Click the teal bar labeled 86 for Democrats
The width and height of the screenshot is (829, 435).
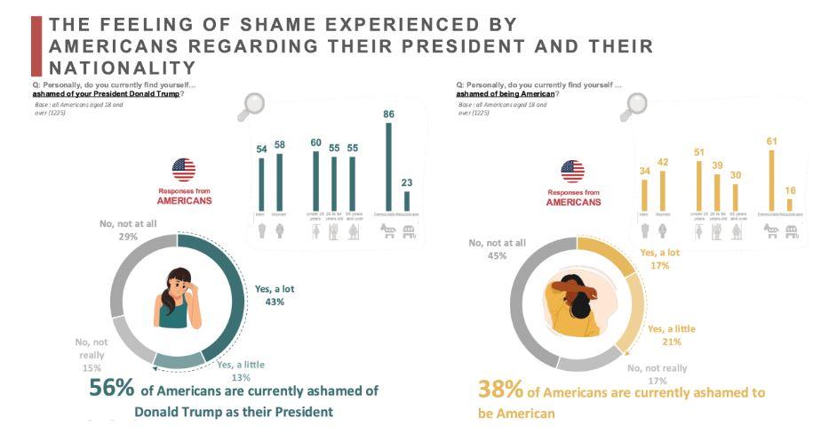click(x=387, y=166)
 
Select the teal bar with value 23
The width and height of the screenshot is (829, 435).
click(x=407, y=201)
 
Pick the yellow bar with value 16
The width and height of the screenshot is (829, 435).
click(x=789, y=205)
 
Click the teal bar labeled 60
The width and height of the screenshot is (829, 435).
click(x=315, y=181)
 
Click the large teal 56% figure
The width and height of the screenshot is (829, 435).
click(x=111, y=389)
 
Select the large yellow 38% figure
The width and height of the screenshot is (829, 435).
click(x=499, y=390)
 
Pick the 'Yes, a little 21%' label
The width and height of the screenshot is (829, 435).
click(x=671, y=335)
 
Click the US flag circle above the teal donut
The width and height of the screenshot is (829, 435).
click(x=184, y=169)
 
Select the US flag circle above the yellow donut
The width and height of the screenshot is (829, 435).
click(x=572, y=171)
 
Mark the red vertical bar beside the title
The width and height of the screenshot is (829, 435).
click(x=36, y=45)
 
